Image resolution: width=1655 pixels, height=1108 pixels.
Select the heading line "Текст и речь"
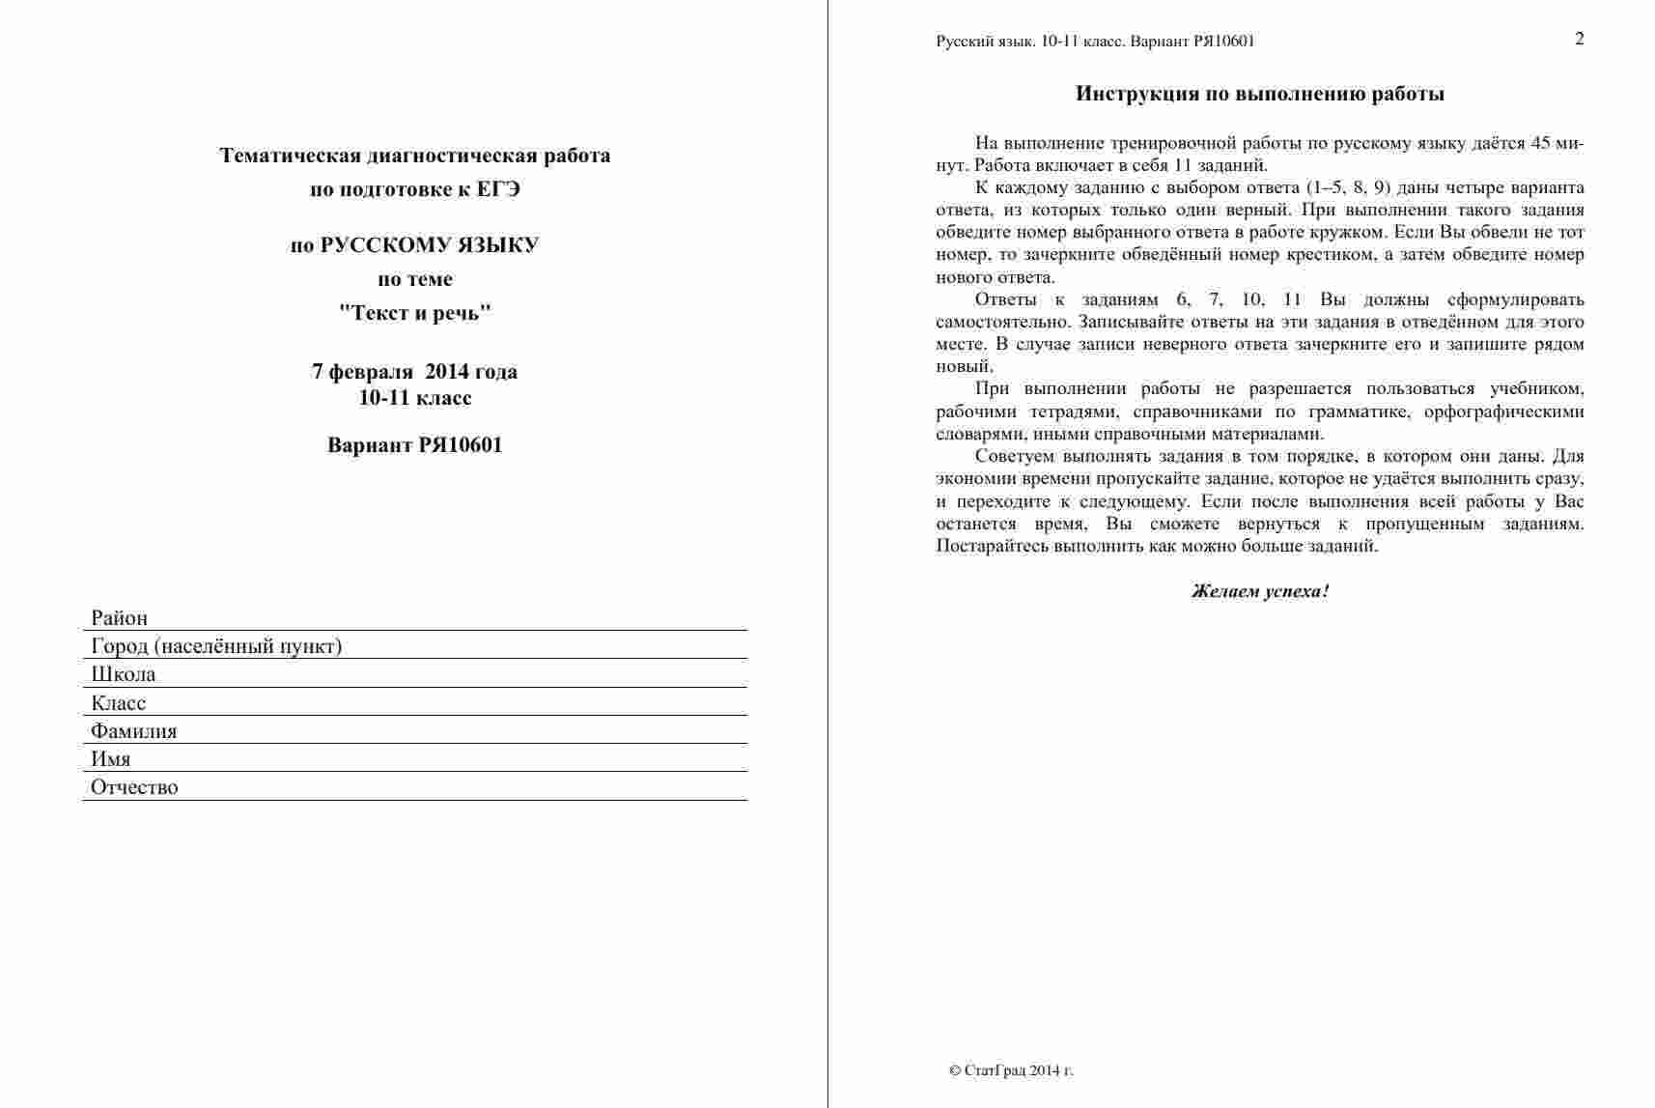415,313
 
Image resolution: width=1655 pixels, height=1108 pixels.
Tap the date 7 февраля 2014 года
415,372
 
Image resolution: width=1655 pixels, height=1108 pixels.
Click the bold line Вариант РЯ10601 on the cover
415,445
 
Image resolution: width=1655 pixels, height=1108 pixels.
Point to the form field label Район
120,618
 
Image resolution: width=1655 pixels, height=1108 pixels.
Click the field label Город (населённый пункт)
216,646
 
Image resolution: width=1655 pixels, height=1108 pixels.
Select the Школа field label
124,674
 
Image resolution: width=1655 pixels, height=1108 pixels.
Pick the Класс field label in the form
119,703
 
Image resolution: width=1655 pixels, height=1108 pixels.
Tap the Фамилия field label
134,731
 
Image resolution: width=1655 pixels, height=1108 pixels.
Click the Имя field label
111,759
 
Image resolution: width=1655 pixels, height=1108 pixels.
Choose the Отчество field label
134,787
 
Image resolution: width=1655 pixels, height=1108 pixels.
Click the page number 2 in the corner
1580,39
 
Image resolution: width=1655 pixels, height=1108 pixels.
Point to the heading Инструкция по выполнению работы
1260,94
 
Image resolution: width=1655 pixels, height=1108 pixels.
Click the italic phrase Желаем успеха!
1260,591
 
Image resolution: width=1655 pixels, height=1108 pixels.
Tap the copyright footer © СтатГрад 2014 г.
1011,1070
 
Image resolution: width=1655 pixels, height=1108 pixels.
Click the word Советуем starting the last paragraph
1014,456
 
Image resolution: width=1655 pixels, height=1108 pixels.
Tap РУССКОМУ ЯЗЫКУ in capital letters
430,245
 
